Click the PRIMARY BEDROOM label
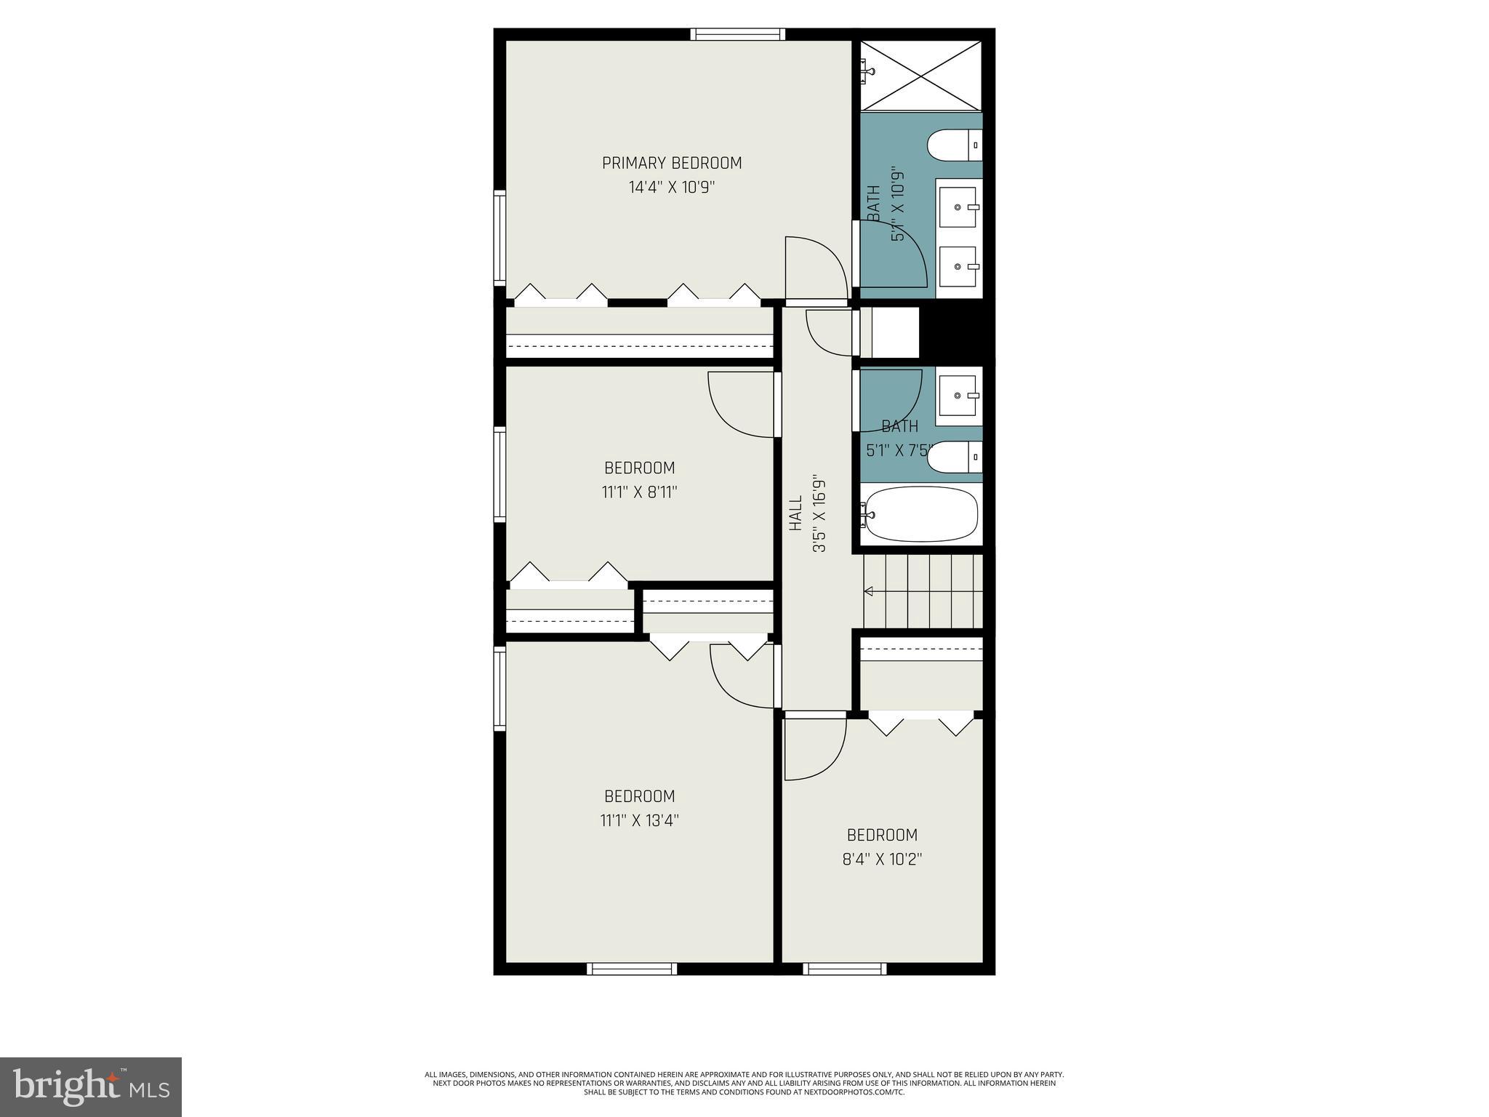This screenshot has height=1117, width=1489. [672, 163]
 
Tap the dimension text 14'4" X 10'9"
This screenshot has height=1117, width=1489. [672, 188]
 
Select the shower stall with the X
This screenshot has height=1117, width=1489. [920, 76]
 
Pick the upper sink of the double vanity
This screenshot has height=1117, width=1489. [959, 207]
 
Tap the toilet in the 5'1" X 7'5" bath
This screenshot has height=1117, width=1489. [955, 457]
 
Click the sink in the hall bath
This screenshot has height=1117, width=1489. [959, 396]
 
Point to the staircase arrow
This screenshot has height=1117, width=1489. [868, 591]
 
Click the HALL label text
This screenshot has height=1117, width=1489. [795, 513]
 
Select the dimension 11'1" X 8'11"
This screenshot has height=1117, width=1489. [639, 492]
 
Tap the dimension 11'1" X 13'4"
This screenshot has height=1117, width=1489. [639, 820]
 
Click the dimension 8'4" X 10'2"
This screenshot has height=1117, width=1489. [882, 859]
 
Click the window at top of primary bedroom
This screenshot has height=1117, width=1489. [737, 33]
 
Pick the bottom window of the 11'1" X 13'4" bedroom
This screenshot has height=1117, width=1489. [631, 969]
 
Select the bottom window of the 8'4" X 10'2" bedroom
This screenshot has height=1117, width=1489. [844, 969]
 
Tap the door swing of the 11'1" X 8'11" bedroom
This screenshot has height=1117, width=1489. [740, 405]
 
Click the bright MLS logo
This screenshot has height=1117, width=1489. [91, 1086]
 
